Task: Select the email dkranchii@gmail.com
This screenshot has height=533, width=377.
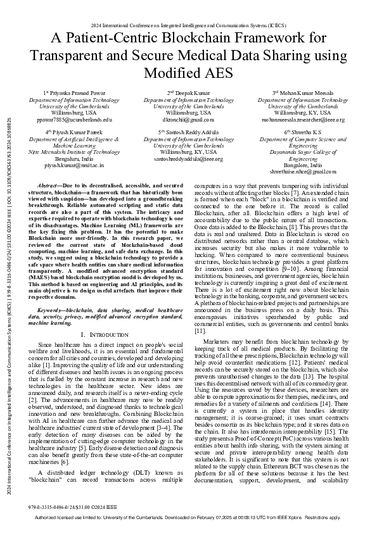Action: point(188,119)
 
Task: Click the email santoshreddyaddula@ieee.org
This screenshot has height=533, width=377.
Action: point(188,159)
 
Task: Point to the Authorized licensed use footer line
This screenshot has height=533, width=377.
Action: point(188,517)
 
